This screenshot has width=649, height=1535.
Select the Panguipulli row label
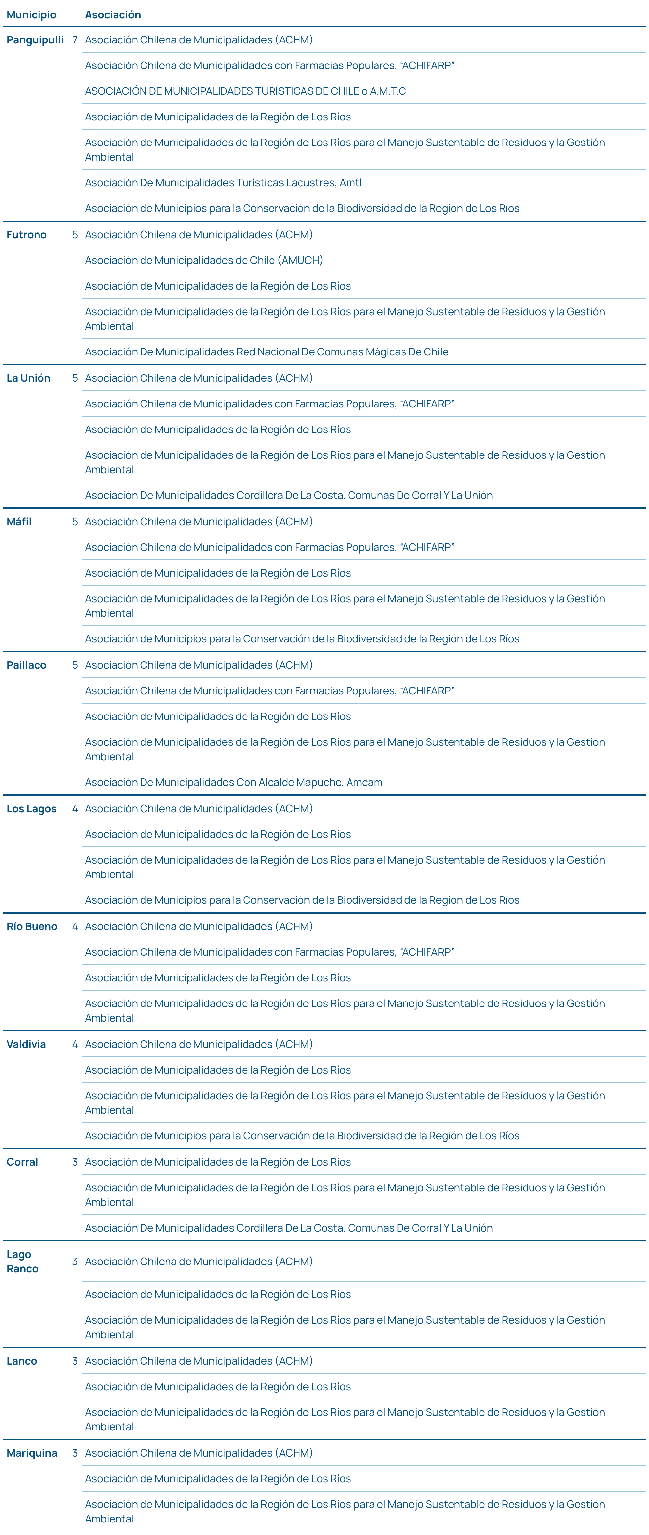coord(35,40)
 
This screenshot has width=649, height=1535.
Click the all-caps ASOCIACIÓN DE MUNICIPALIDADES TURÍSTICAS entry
coord(245,91)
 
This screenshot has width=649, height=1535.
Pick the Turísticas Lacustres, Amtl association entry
coord(223,183)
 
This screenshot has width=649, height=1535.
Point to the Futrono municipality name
coord(26,235)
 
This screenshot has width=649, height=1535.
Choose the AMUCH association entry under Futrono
coord(204,260)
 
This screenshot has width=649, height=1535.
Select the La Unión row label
coord(28,378)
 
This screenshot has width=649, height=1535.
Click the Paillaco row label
coord(26,665)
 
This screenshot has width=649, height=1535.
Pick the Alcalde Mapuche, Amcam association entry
coord(234,782)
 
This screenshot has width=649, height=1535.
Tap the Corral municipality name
coord(22,1162)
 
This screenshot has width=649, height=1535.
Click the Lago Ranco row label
coord(22,1262)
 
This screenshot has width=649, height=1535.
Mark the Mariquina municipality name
coord(32,1453)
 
